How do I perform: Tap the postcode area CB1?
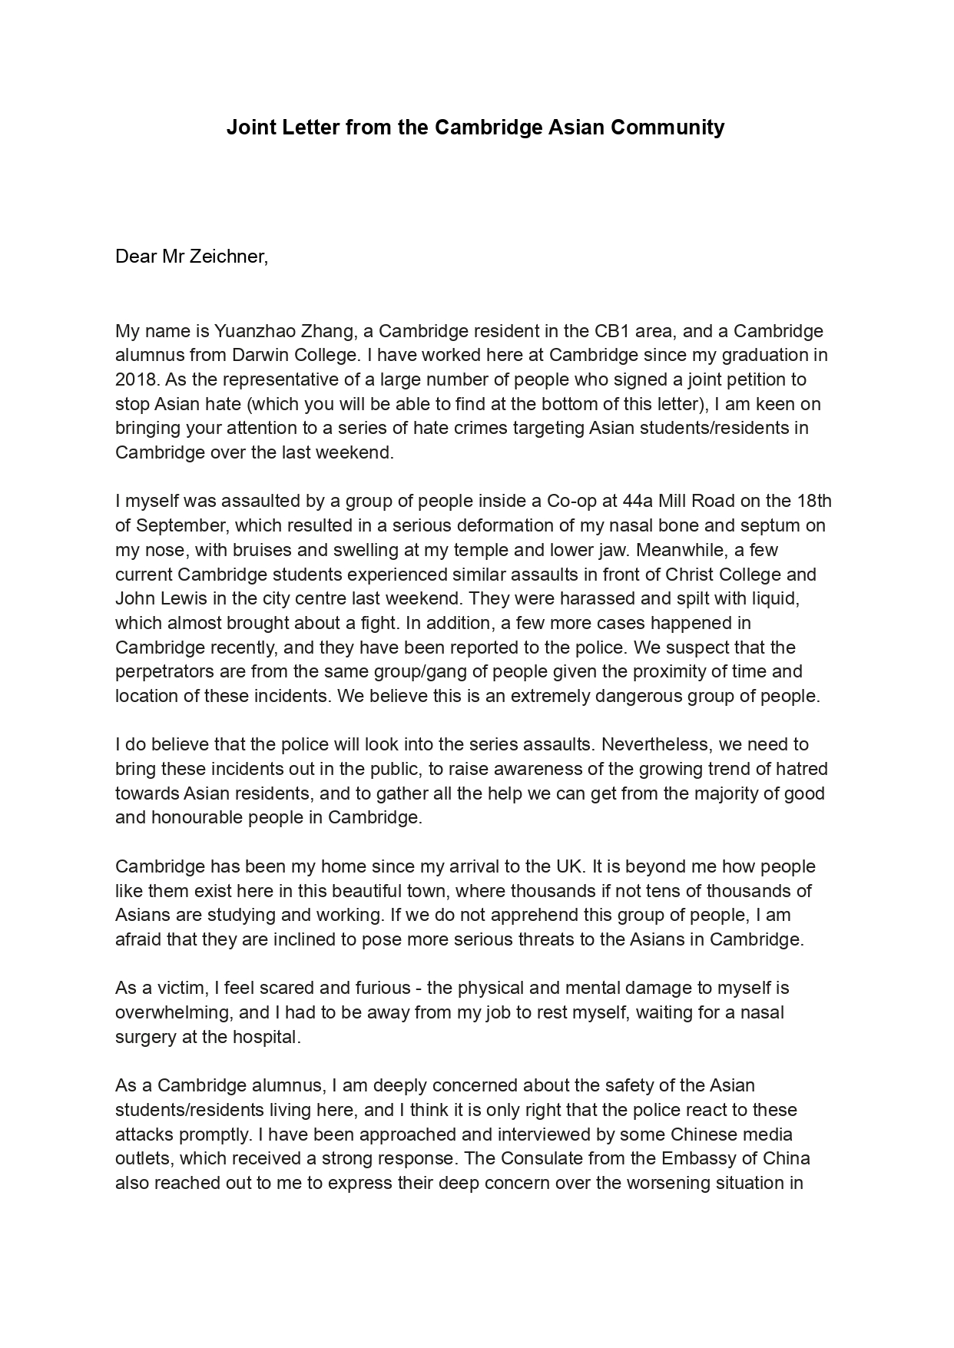click(615, 331)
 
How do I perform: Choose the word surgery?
click(144, 1038)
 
